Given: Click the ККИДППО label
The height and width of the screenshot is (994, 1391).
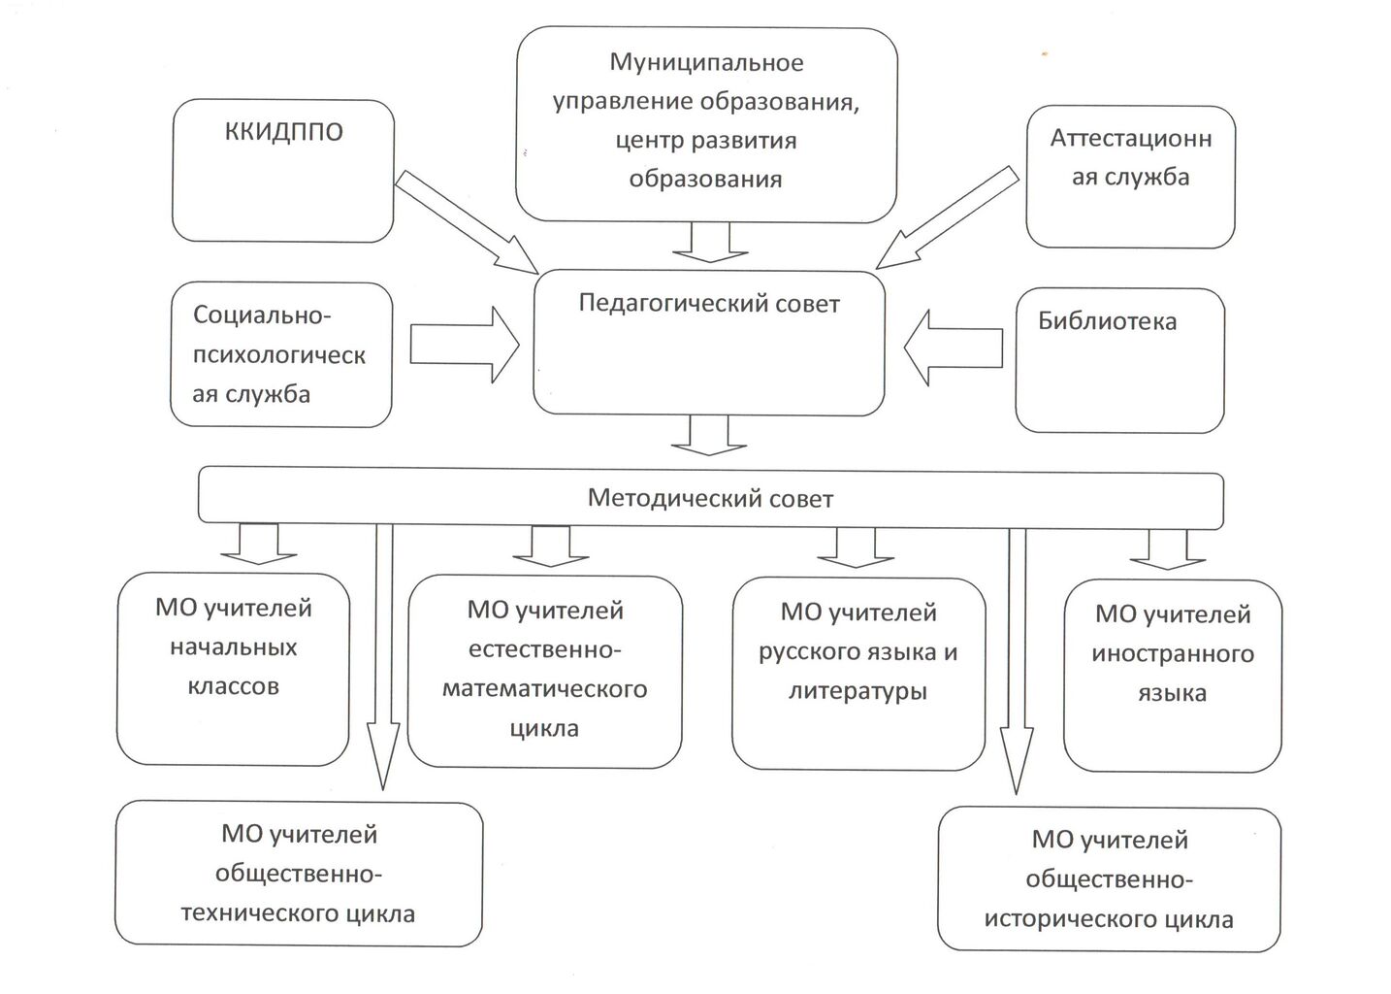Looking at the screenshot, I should coord(283,132).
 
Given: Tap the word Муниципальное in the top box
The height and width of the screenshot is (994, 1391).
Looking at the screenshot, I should coord(706,63).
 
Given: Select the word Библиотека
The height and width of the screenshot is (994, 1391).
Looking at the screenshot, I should coord(1107,321).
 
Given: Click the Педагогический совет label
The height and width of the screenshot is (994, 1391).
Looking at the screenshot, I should coord(708,304).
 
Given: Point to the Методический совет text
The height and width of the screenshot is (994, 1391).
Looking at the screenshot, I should coord(710,499).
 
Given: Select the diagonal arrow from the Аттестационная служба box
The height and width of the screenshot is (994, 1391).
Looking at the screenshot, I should coord(946,217).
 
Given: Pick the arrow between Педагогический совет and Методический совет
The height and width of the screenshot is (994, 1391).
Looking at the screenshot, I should coord(709,436).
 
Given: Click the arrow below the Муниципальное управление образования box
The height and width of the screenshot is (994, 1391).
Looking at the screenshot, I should coord(710,243).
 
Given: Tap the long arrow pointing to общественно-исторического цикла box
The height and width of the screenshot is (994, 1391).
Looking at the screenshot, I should coord(1017,660).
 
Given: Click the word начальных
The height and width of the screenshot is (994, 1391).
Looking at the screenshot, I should coord(234,647).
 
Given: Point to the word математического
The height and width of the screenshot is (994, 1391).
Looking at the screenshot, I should coord(544,689).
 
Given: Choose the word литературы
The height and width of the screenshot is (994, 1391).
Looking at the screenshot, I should coord(857,691).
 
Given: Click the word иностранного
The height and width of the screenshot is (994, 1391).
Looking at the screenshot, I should coord(1172,654).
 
